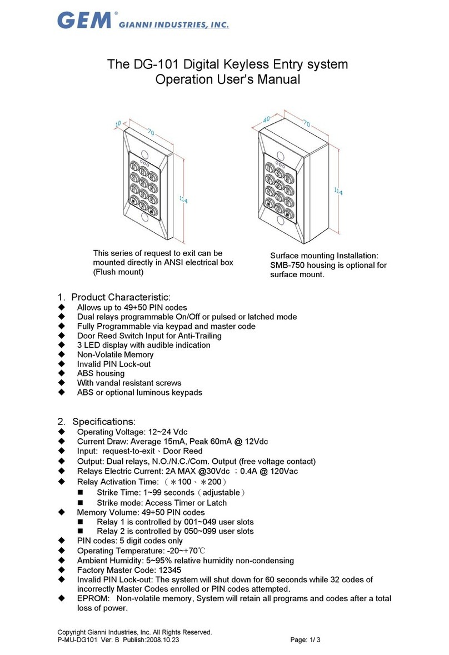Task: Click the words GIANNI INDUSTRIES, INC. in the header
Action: pos(174,24)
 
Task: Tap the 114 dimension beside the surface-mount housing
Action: pos(338,191)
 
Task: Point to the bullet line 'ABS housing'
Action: pos(101,373)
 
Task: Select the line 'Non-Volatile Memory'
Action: pos(115,354)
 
